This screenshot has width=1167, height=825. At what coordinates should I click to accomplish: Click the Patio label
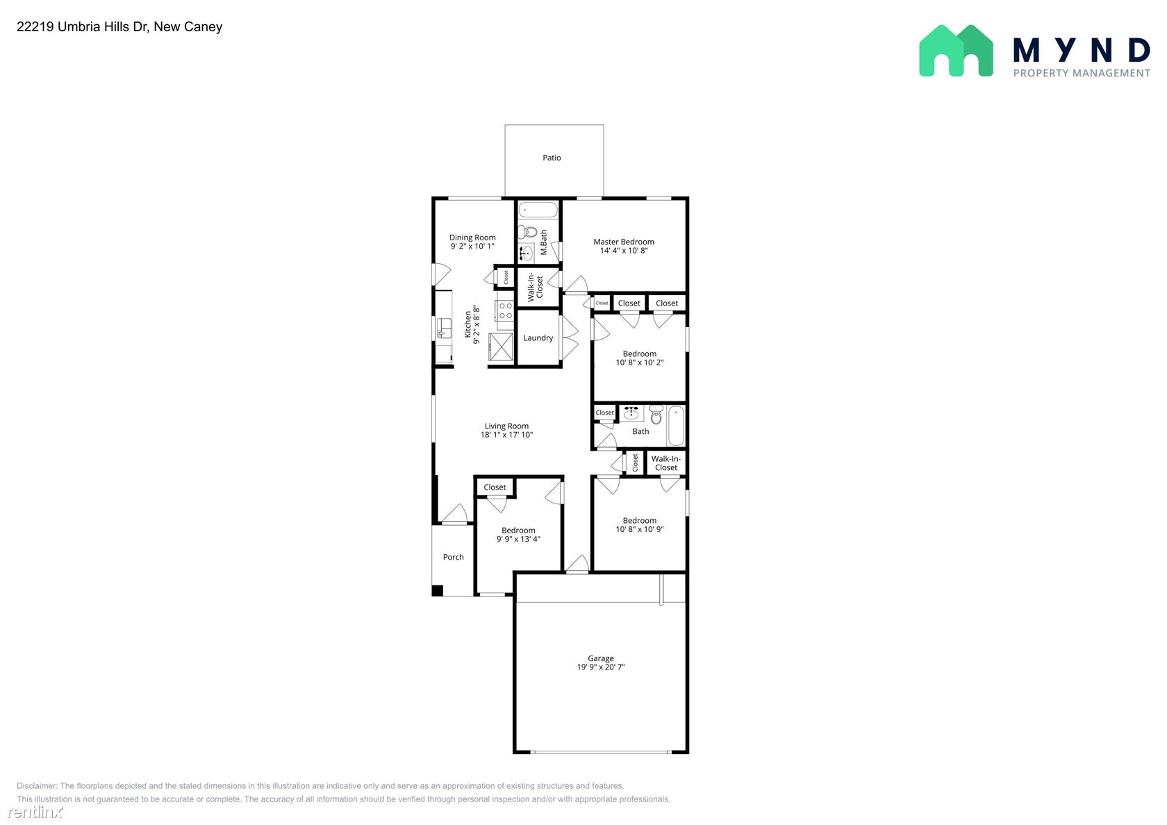pyautogui.click(x=552, y=158)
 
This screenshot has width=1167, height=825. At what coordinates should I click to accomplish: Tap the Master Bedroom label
pyautogui.click(x=624, y=242)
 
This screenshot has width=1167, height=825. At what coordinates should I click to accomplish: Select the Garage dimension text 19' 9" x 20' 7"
pyautogui.click(x=601, y=667)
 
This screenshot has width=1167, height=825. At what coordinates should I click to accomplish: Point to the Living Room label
pyautogui.click(x=506, y=426)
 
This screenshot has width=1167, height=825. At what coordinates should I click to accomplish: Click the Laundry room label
pyautogui.click(x=538, y=338)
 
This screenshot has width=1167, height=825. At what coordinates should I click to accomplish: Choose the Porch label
pyautogui.click(x=453, y=557)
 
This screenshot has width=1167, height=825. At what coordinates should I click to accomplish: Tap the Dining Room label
pyautogui.click(x=472, y=237)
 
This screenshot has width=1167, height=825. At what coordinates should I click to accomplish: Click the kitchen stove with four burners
pyautogui.click(x=505, y=311)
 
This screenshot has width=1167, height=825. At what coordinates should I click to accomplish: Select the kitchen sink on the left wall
pyautogui.click(x=444, y=328)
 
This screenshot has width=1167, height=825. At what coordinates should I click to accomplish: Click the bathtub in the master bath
pyautogui.click(x=538, y=210)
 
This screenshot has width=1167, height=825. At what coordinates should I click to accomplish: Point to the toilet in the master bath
pyautogui.click(x=528, y=232)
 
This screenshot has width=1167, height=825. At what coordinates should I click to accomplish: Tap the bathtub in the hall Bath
pyautogui.click(x=676, y=426)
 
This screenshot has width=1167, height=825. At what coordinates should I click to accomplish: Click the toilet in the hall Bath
pyautogui.click(x=656, y=415)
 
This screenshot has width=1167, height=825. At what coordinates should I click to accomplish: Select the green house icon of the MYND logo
pyautogui.click(x=956, y=51)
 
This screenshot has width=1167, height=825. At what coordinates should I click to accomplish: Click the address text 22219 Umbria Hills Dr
pyautogui.click(x=82, y=26)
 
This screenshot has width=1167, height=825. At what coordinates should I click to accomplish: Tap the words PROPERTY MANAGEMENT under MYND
pyautogui.click(x=1082, y=74)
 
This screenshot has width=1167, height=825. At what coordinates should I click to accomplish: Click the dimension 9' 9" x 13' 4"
pyautogui.click(x=518, y=539)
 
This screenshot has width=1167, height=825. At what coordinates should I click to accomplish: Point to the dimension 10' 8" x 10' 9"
pyautogui.click(x=640, y=529)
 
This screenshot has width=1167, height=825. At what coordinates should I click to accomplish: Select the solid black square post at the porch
pyautogui.click(x=438, y=590)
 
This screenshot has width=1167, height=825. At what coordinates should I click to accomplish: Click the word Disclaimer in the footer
pyautogui.click(x=36, y=786)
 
